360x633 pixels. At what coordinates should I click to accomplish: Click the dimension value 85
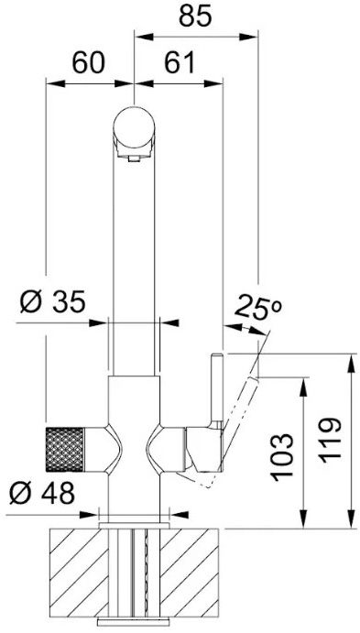(195, 17)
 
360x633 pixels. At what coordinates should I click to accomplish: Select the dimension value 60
(88, 63)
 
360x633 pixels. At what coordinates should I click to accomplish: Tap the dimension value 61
(179, 63)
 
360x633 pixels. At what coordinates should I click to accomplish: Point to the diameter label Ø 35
(53, 301)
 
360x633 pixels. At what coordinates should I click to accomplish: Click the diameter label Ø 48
(42, 493)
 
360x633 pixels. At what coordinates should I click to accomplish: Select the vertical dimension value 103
(281, 457)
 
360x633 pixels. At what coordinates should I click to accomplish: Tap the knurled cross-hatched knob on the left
(65, 449)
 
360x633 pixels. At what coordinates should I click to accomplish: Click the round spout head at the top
(134, 126)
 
